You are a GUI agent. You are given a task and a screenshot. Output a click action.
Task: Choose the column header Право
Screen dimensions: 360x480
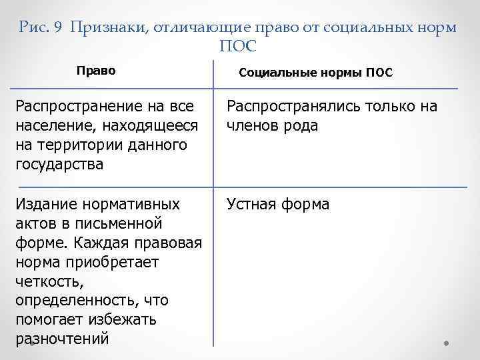(x=96, y=70)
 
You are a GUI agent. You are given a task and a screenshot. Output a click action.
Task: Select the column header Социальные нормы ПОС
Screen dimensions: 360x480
(x=315, y=71)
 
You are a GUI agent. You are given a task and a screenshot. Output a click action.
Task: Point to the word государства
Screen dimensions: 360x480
(x=59, y=164)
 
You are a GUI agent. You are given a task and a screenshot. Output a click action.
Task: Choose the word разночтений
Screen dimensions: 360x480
(x=61, y=338)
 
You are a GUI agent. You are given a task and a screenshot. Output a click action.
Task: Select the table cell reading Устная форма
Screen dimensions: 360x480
(x=278, y=203)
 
